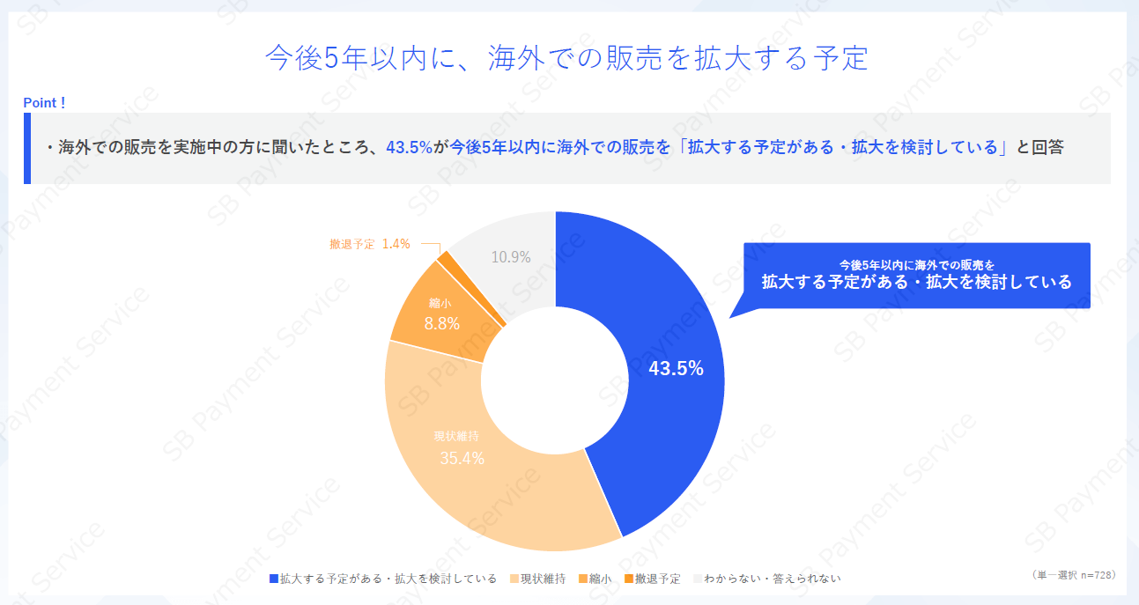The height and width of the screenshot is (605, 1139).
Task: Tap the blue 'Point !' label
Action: pyautogui.click(x=44, y=103)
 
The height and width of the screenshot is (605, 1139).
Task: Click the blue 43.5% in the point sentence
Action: pyautogui.click(x=409, y=148)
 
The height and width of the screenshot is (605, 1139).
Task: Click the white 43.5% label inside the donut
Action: pyautogui.click(x=676, y=369)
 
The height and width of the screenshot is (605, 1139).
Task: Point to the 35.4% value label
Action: pyautogui.click(x=462, y=458)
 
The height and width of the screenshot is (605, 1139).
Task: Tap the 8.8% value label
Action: pyautogui.click(x=441, y=323)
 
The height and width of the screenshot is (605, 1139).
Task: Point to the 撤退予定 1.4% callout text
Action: pyautogui.click(x=370, y=244)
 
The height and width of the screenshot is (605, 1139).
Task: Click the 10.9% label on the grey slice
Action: pyautogui.click(x=511, y=257)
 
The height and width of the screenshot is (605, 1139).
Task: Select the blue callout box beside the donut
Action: pyautogui.click(x=916, y=276)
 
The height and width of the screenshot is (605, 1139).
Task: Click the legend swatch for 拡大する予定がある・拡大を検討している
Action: pyautogui.click(x=274, y=579)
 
